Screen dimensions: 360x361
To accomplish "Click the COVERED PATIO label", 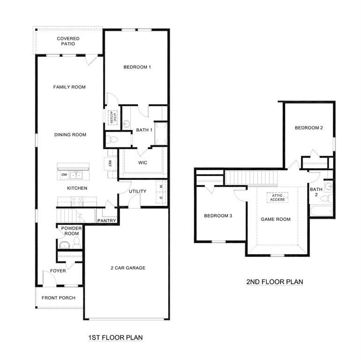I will (68, 41).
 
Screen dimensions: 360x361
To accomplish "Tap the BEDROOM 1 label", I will (137, 67).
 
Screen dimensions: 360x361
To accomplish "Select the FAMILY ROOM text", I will (69, 87).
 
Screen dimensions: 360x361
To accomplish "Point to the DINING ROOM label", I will (70, 135).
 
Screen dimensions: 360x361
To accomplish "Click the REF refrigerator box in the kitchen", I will (110, 163).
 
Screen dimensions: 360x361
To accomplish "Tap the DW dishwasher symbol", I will (64, 175).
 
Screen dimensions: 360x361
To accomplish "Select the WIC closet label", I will (143, 163).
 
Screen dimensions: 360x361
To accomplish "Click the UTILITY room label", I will (138, 191).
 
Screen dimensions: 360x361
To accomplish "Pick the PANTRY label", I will (107, 220).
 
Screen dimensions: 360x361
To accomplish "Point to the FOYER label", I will (58, 271).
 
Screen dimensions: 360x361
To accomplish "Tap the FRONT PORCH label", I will (59, 298).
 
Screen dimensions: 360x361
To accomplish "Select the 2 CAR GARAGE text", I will (128, 268).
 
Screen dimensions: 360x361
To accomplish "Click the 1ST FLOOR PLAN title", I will (115, 337).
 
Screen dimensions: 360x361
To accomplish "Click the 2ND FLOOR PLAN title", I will (274, 282).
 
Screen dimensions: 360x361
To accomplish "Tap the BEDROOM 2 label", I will (309, 127).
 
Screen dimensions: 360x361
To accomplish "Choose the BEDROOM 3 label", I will (218, 216).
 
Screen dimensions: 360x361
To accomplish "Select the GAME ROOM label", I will (275, 219).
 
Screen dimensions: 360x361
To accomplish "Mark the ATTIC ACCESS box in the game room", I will (277, 198).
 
